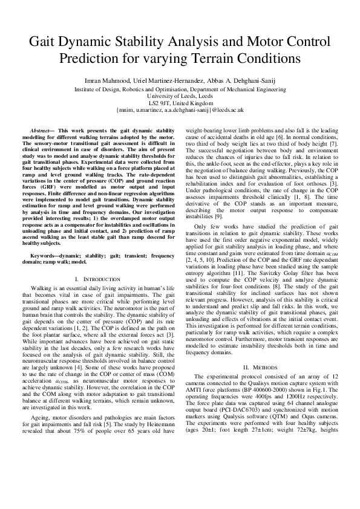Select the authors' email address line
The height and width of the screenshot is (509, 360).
[x=179, y=111]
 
